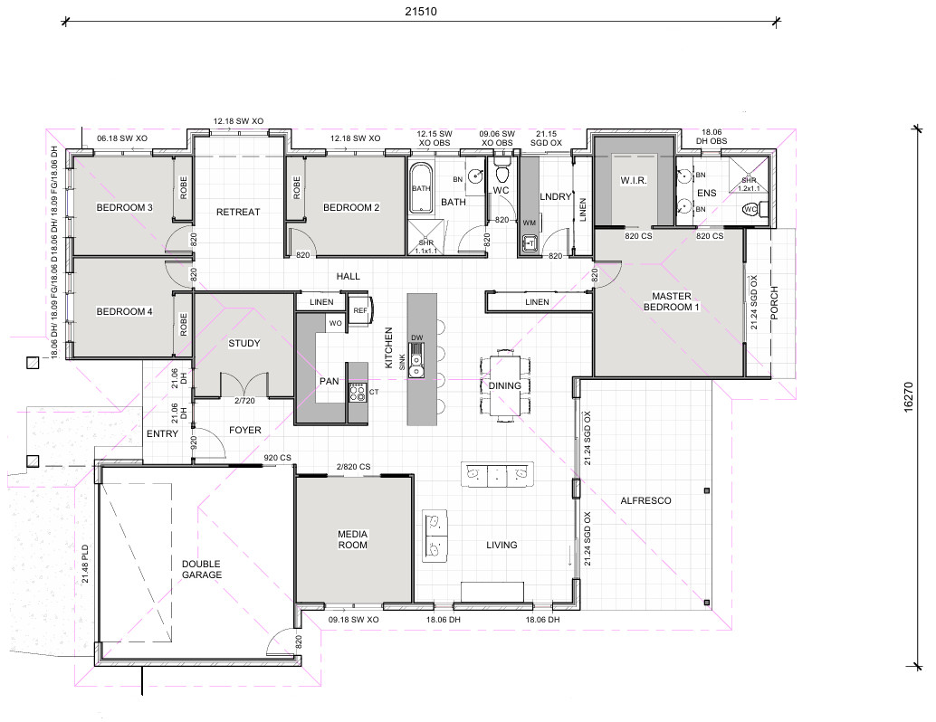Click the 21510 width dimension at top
click(x=421, y=12)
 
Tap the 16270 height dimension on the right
click(x=908, y=397)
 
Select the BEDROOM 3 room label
click(x=124, y=208)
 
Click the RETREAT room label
click(x=238, y=212)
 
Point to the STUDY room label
click(x=244, y=343)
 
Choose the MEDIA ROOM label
click(x=353, y=539)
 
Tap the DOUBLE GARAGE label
click(x=202, y=569)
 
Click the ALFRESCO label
click(x=646, y=500)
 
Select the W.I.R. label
click(x=634, y=180)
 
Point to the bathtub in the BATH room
click(x=421, y=188)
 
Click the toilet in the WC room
click(x=501, y=171)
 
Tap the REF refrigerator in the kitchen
click(x=360, y=309)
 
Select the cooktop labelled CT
click(x=358, y=392)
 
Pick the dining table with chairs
click(x=505, y=385)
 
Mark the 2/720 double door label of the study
click(x=244, y=401)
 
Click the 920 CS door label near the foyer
click(x=278, y=458)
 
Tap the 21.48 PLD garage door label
click(x=85, y=564)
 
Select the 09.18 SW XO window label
click(x=353, y=620)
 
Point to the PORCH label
click(x=774, y=303)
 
